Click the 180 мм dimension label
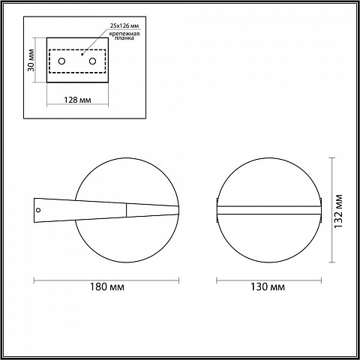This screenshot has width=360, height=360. click(x=107, y=286)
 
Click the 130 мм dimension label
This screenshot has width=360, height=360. click(x=268, y=286)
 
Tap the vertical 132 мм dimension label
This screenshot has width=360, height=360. click(x=338, y=211)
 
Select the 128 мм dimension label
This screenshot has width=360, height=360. click(x=77, y=100)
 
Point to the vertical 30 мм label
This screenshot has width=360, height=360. click(x=31, y=60)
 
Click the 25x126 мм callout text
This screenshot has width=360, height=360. click(x=124, y=25)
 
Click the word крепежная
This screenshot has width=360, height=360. click(x=124, y=34)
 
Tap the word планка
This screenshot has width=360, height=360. click(x=124, y=38)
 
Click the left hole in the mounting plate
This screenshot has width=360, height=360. click(x=61, y=61)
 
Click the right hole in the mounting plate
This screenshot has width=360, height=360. click(x=93, y=61)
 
